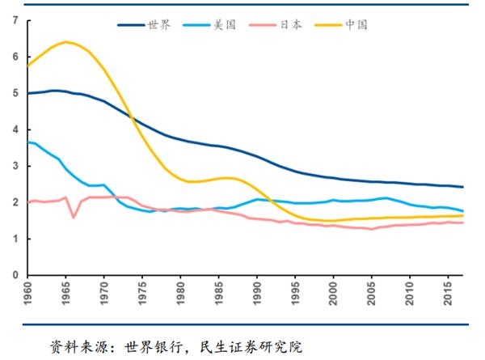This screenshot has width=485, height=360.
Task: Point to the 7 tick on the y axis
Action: click(15, 20)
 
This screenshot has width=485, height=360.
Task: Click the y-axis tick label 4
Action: click(15, 129)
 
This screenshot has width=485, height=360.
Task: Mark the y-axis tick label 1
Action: click(15, 239)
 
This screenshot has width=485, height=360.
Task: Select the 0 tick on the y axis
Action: click(15, 275)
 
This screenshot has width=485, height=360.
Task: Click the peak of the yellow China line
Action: click(65, 42)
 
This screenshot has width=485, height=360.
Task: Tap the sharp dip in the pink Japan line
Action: click(74, 217)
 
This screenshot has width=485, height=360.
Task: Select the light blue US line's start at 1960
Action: click(28, 142)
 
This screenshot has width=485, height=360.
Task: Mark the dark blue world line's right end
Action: click(463, 187)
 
